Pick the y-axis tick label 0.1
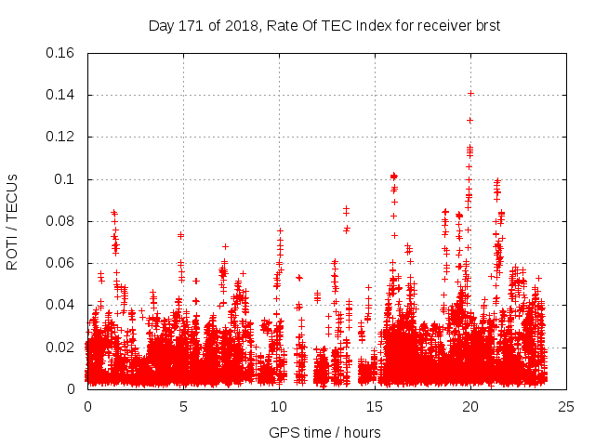pyautogui.click(x=66, y=179)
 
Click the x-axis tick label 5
pyautogui.click(x=183, y=407)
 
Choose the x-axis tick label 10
pyautogui.click(x=279, y=407)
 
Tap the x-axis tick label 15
pyautogui.click(x=375, y=407)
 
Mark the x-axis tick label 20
pyautogui.click(x=470, y=407)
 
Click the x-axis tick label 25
pyautogui.click(x=566, y=407)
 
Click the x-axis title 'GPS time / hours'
pyautogui.click(x=324, y=432)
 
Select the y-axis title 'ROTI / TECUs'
pyautogui.click(x=13, y=221)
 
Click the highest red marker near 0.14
pyautogui.click(x=470, y=93)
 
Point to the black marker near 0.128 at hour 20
pyautogui.click(x=469, y=120)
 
